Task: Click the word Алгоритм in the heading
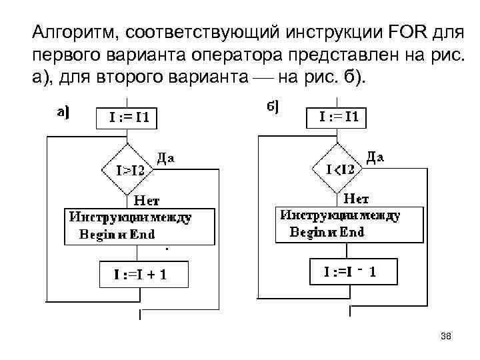click(73, 31)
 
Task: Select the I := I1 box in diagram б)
click(341, 117)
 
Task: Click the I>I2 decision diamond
click(127, 169)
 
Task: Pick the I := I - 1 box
click(350, 271)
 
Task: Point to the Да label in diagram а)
click(166, 157)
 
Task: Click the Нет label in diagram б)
click(357, 197)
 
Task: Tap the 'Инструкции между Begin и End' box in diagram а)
click(139, 226)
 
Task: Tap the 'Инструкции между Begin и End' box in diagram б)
click(349, 223)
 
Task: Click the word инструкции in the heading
click(324, 31)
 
